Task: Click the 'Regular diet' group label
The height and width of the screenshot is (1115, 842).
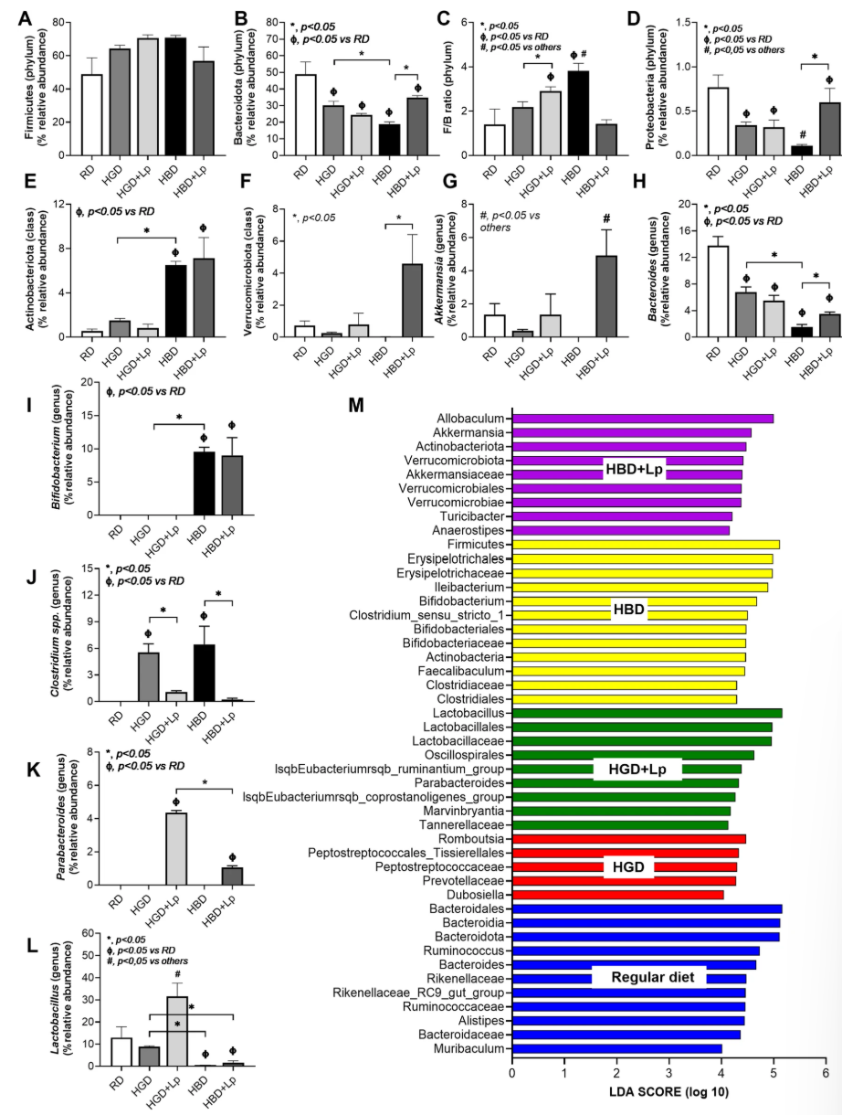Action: (648, 977)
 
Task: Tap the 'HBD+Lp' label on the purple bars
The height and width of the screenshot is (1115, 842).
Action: (633, 468)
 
